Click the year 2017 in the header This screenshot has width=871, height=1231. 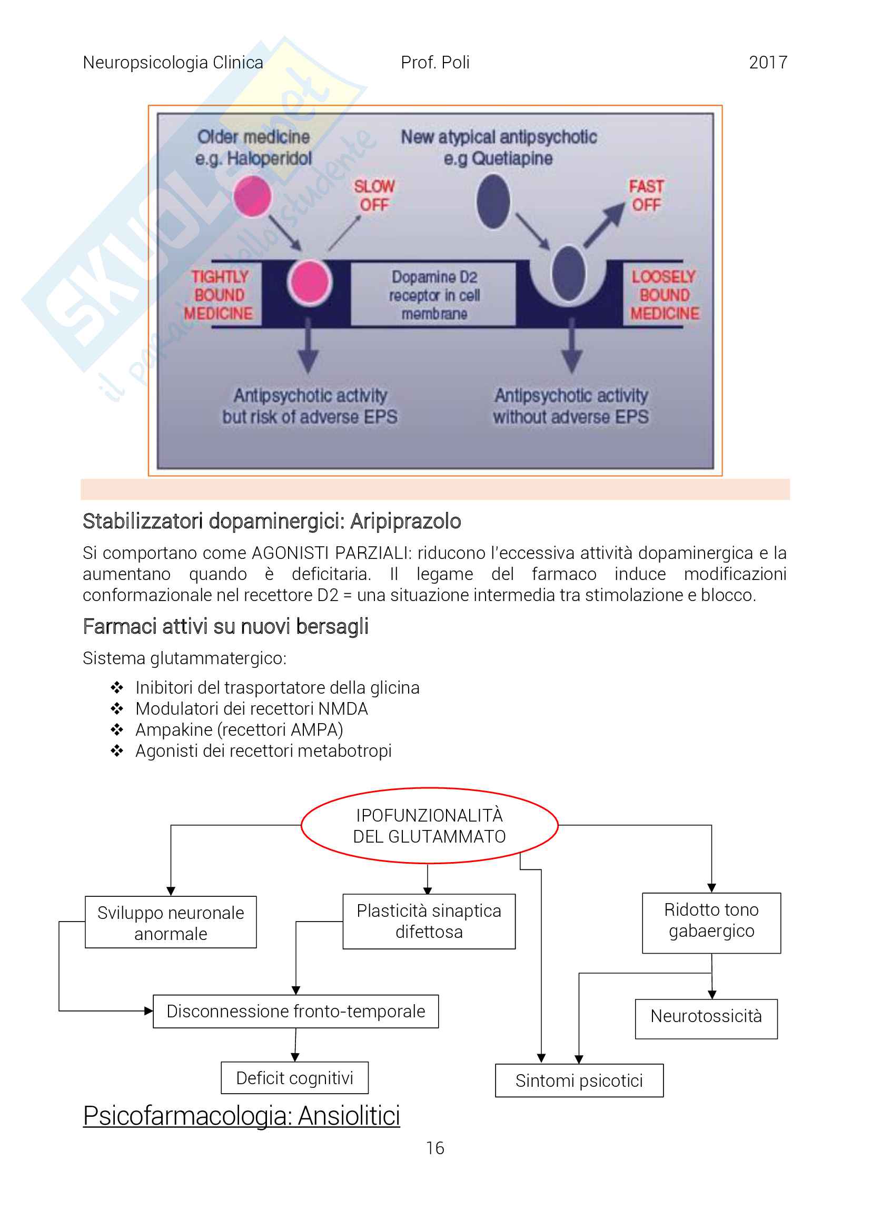pos(767,63)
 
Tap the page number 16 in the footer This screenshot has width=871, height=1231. pos(435,1148)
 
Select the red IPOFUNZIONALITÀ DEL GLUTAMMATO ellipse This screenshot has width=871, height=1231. pos(430,826)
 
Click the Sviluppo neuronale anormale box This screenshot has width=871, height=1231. pos(171,923)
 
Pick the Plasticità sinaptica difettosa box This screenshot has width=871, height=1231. pos(429,921)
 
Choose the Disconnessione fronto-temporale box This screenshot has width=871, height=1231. pos(295,1011)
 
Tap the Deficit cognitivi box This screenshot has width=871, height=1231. pos(294,1078)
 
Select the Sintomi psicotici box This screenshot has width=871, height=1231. pos(579,1081)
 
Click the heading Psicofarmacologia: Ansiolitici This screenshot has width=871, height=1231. pos(241,1116)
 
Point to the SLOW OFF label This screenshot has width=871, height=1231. pos(374,196)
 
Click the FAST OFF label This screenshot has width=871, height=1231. pos(646,196)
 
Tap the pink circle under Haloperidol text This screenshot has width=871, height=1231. pos(252,197)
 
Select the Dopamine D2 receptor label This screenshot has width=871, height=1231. pos(434,295)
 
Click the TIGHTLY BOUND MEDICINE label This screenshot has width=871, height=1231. pos(219,295)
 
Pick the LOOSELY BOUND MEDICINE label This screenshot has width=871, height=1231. pos(665,295)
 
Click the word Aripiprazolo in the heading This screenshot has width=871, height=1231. pos(405,521)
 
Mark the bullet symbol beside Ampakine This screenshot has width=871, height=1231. pos(117,729)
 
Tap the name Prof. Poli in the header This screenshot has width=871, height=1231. pos(435,63)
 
